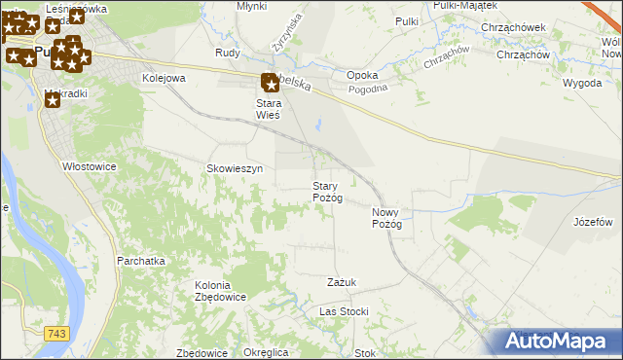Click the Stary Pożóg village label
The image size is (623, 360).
point(327,192)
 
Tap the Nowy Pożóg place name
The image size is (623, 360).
point(386,218)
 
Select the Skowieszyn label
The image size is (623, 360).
point(235,168)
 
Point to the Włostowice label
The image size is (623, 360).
point(90,166)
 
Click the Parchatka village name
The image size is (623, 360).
point(139,261)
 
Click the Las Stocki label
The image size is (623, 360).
point(344,311)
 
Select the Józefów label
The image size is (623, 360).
point(593,222)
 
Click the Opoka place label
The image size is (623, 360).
point(362,74)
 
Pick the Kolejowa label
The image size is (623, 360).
point(164,77)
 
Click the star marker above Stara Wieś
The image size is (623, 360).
point(270,85)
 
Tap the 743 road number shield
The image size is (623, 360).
point(56,334)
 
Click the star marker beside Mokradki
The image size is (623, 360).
point(54,99)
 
